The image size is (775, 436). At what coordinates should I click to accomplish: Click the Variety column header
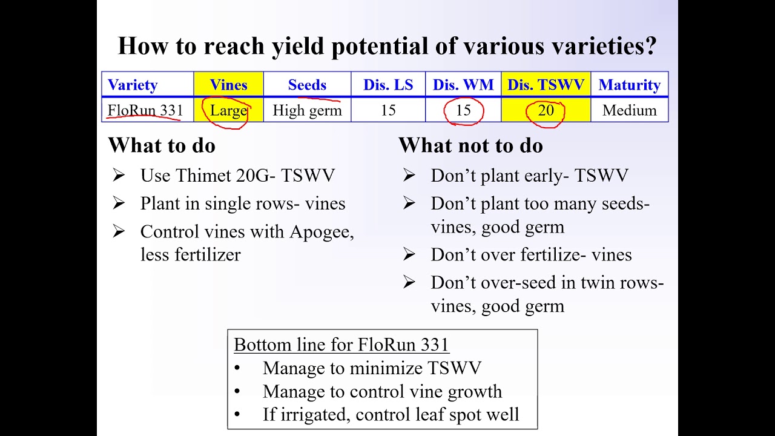(x=133, y=85)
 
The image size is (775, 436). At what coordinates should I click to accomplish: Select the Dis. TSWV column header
(x=546, y=85)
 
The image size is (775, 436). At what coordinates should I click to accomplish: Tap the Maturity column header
(x=629, y=85)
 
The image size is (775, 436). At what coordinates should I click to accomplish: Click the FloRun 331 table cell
(x=145, y=111)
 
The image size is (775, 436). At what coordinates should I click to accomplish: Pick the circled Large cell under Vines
(x=228, y=111)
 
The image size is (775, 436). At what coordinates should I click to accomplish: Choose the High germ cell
(x=307, y=111)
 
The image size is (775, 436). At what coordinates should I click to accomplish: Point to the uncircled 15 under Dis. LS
(x=388, y=111)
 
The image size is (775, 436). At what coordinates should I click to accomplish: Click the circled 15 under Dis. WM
(x=463, y=111)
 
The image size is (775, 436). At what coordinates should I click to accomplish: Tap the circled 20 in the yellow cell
(x=546, y=111)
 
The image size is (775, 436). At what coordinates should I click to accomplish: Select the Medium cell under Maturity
(x=629, y=111)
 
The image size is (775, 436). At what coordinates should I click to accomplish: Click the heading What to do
(x=162, y=146)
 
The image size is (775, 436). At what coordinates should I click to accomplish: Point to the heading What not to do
(x=470, y=146)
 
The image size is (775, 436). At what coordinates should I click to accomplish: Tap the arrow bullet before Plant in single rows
(x=119, y=203)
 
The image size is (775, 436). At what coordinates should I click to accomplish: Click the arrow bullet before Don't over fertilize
(x=409, y=254)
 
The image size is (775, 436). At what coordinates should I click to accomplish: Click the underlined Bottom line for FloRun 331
(x=341, y=345)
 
